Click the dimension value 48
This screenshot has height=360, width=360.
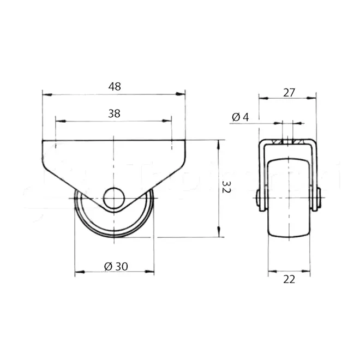pos(115,87)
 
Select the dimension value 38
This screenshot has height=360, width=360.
pos(114,113)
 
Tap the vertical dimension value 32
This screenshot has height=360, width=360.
pos(226,187)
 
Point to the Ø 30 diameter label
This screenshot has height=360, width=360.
pos(116,266)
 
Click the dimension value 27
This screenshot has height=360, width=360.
pos(289,93)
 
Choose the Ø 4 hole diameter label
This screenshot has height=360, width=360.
pos(241,117)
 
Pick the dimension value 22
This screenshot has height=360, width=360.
pos(289,279)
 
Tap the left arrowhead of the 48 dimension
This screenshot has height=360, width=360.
pos(47,94)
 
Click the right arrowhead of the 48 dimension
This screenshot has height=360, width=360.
pos(180,94)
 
